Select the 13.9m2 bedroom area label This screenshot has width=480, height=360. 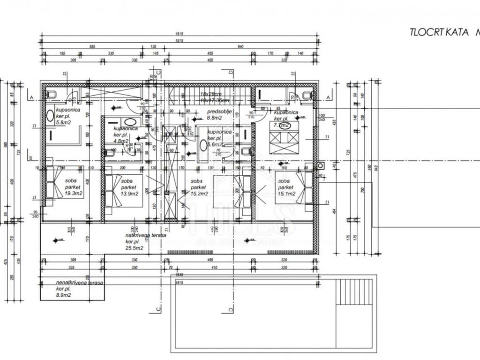[129, 194]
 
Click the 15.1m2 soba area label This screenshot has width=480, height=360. [286, 194]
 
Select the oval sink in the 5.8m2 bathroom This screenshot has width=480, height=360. [50, 115]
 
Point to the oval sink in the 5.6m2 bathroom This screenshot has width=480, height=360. [203, 145]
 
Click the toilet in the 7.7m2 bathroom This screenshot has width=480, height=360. [307, 96]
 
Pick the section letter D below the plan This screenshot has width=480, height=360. [231, 309]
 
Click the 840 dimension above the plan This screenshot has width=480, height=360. [241, 47]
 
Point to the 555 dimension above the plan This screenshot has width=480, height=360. [92, 47]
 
